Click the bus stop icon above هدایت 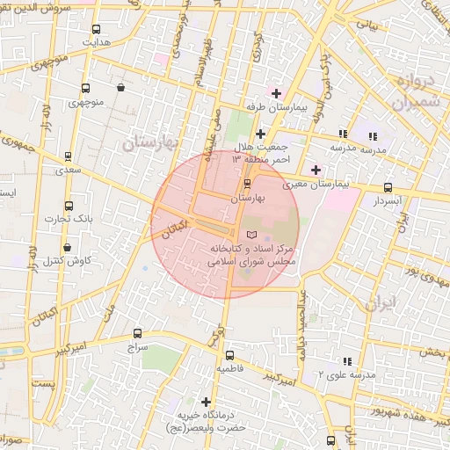coord(95,29)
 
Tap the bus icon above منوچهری coord(85,88)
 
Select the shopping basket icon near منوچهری coord(120,88)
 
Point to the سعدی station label coord(69,170)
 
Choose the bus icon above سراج coord(136,333)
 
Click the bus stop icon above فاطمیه coord(229,356)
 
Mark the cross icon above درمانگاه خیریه coord(206,402)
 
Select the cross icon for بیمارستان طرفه coord(277,93)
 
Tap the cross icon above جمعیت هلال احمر coord(260,134)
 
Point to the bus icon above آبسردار coord(388,187)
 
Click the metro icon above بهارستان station coord(246,184)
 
